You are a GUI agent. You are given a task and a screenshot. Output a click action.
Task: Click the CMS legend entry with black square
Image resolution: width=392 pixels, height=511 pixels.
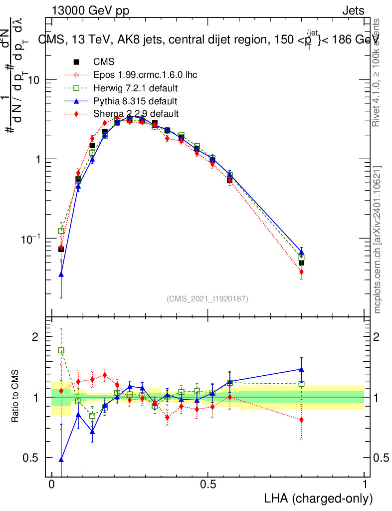pyautogui.click(x=104, y=62)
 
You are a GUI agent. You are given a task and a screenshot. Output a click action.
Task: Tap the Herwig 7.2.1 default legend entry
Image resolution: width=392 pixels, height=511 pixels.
pyautogui.click(x=136, y=88)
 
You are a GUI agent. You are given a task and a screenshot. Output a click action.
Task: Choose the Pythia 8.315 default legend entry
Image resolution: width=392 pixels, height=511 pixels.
pyautogui.click(x=136, y=101)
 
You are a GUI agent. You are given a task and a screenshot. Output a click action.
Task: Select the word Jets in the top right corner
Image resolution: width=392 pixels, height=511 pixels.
pyautogui.click(x=353, y=11)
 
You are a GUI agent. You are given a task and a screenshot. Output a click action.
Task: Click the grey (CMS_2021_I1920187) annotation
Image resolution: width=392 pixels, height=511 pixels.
pyautogui.click(x=207, y=298)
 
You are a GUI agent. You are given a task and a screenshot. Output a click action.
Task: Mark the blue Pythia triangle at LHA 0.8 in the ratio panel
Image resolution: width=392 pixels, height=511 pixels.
pyautogui.click(x=301, y=369)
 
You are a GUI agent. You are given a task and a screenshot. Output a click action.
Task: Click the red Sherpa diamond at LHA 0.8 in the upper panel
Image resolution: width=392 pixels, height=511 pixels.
pyautogui.click(x=301, y=272)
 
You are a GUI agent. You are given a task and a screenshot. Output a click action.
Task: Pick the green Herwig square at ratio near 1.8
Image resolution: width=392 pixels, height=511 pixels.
pyautogui.click(x=61, y=350)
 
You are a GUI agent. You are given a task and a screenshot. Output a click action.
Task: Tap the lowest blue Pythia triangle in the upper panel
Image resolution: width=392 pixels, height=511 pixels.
pyautogui.click(x=61, y=274)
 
